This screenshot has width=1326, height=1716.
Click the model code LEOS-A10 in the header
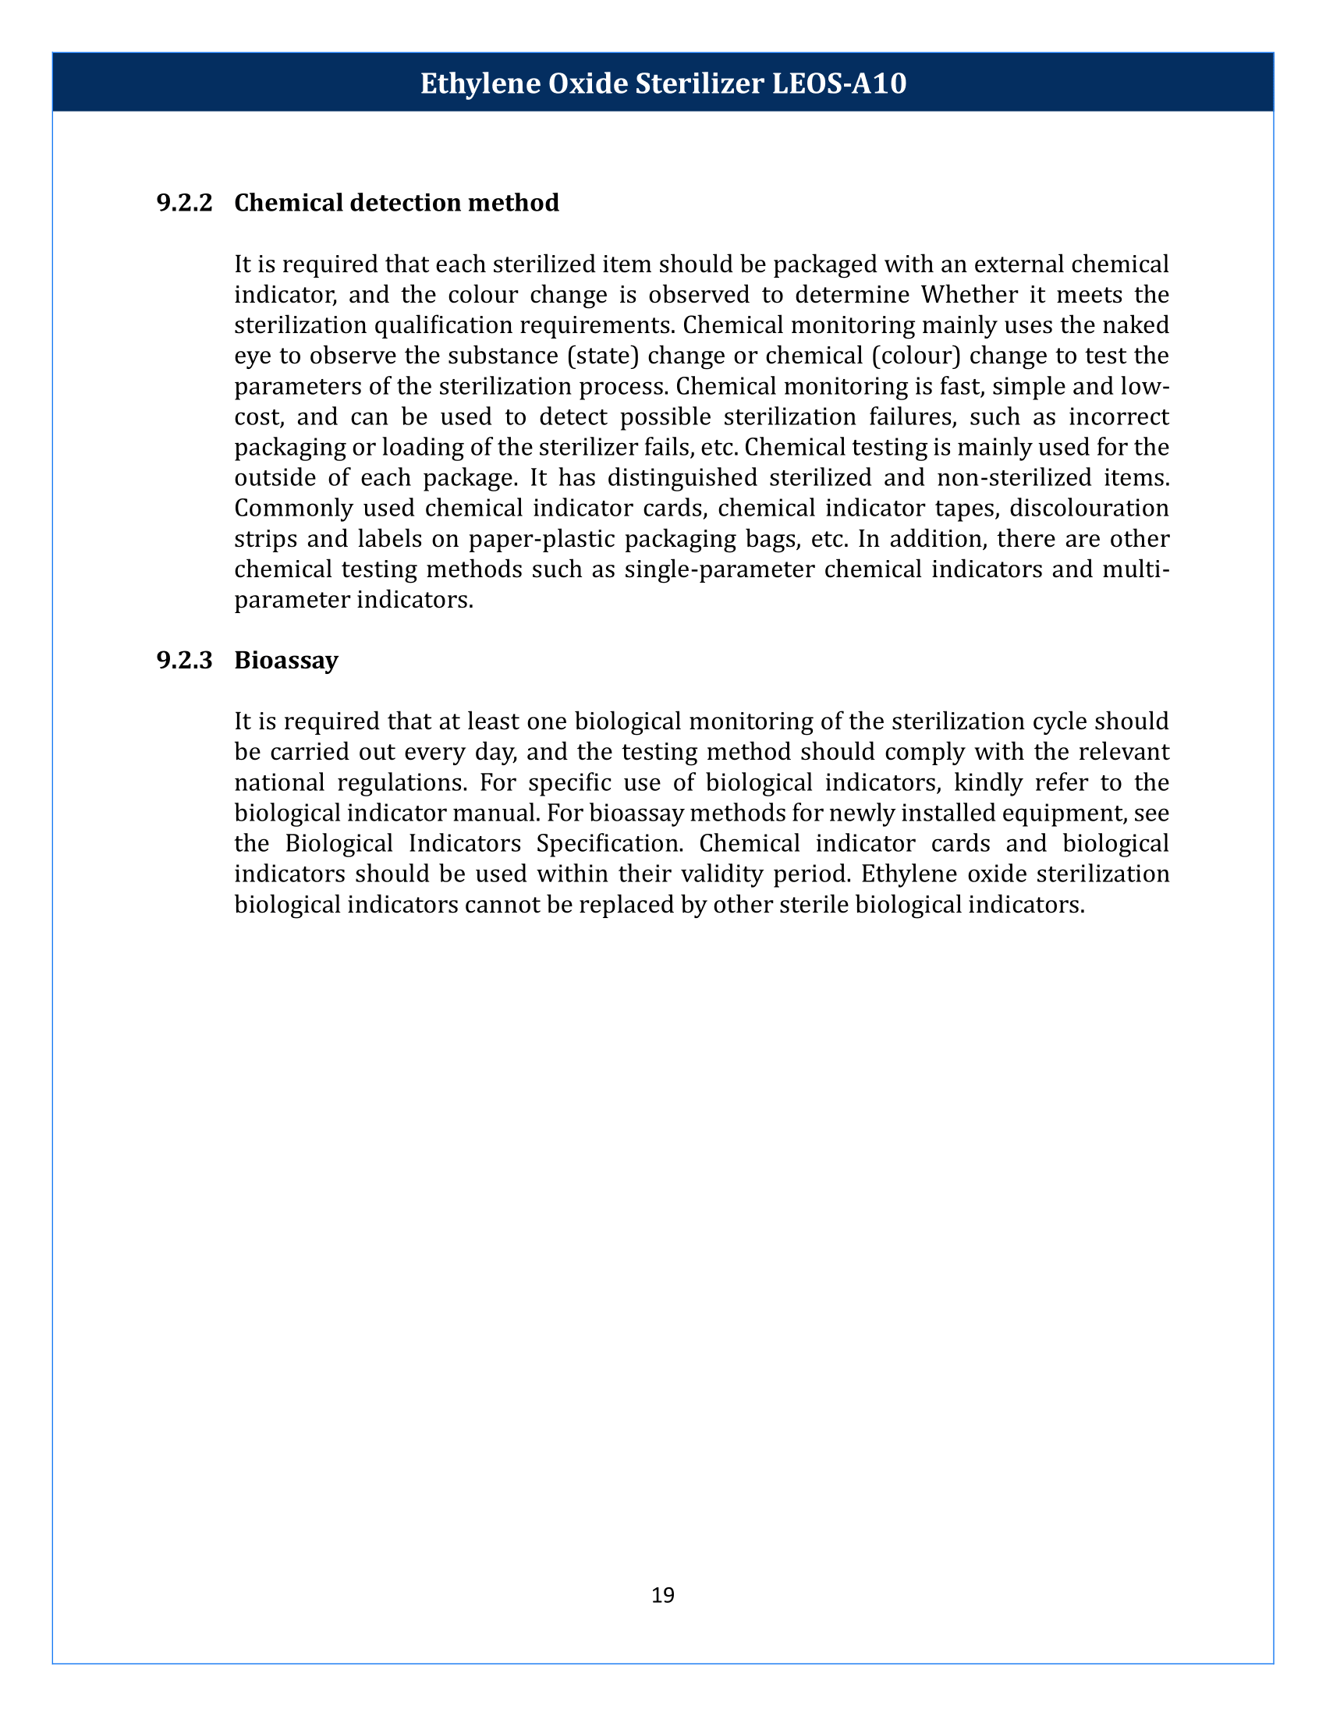click(x=840, y=83)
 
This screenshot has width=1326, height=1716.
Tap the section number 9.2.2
click(x=185, y=203)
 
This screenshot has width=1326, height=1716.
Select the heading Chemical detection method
click(x=397, y=203)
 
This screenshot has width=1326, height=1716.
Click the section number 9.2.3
click(x=185, y=660)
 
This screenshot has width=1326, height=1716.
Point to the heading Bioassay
click(x=286, y=660)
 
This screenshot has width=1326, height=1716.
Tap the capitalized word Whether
click(x=970, y=295)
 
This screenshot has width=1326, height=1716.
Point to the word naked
click(x=1135, y=325)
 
